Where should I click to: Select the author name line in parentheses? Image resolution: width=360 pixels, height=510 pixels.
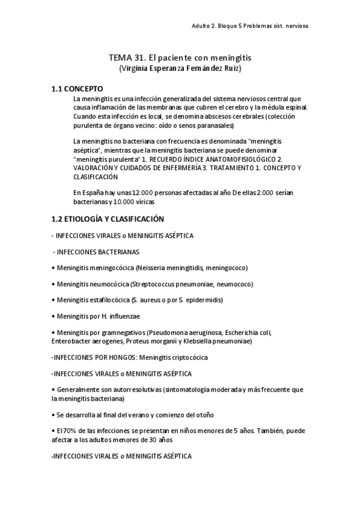180,69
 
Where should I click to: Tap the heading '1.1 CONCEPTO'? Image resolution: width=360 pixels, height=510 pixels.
77,88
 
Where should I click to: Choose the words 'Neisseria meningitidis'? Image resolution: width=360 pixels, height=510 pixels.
167,268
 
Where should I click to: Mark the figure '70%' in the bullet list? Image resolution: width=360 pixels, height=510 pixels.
70,431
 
